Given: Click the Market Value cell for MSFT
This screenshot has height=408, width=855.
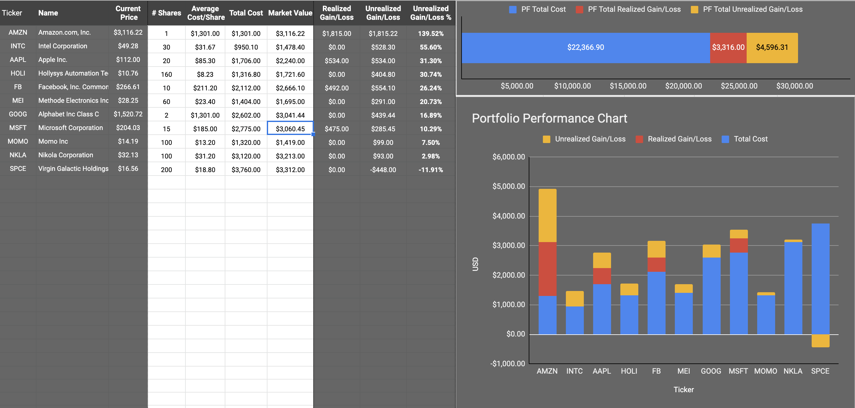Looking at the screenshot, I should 290,129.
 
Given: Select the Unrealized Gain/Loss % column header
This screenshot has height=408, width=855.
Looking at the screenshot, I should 431,13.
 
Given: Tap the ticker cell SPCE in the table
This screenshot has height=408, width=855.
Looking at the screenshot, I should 18,169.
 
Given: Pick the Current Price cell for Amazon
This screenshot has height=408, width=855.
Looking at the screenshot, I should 128,33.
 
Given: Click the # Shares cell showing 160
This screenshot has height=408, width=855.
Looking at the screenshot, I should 166,74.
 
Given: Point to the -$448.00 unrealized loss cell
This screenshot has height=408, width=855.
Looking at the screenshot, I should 383,170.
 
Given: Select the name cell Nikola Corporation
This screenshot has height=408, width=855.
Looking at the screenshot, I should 66,155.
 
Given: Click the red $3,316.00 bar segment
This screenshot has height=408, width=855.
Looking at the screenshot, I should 728,47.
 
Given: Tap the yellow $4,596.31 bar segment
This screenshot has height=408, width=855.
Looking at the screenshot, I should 772,47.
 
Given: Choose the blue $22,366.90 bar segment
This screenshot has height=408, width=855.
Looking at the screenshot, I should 585,47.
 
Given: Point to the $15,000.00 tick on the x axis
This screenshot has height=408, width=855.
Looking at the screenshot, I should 628,86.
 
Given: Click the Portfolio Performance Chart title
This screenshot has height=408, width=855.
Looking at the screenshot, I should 549,119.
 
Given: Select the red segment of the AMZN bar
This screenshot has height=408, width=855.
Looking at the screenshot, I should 547,269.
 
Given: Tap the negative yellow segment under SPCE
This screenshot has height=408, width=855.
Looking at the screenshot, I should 820,341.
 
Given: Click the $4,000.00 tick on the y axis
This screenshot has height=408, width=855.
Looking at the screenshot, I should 509,216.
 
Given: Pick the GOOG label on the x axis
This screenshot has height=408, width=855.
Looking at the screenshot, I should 711,371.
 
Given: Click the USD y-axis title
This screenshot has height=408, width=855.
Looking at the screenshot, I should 475,264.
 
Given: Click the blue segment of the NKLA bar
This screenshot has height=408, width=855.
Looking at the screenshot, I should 793,288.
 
